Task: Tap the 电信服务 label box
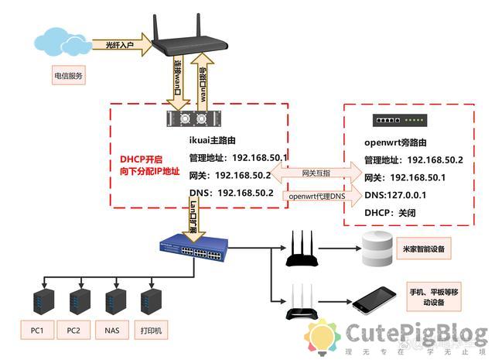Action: tap(68, 76)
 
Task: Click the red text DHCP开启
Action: tap(140, 159)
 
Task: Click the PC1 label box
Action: tap(37, 331)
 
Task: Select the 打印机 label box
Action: tap(151, 331)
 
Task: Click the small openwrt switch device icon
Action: tap(398, 120)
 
